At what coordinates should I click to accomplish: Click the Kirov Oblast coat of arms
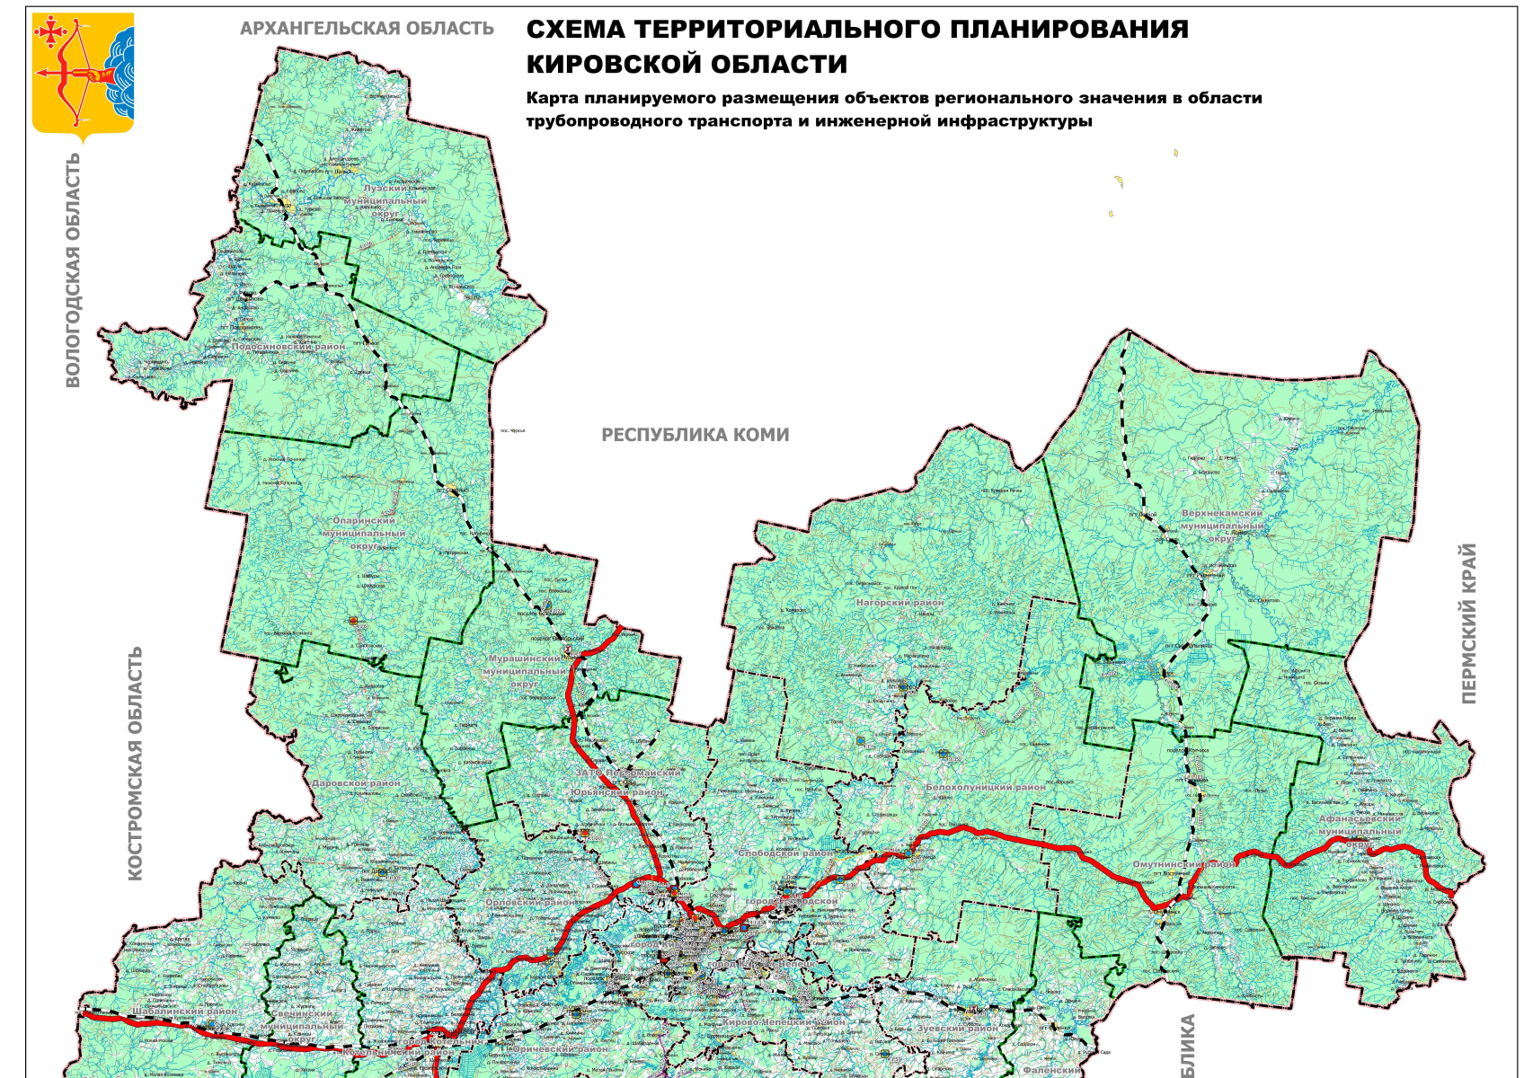click(84, 76)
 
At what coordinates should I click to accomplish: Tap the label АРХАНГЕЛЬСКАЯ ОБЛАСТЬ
click(367, 29)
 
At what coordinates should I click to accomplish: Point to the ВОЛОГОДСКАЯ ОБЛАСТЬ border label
click(73, 269)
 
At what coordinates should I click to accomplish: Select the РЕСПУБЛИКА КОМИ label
click(695, 436)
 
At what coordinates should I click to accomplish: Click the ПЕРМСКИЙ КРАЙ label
click(1468, 623)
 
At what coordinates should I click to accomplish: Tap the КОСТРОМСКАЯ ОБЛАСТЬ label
click(135, 763)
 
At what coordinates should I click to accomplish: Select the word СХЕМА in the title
click(575, 30)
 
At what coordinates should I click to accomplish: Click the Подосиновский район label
click(288, 347)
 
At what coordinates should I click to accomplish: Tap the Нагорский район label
click(899, 603)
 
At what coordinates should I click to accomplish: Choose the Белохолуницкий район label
click(986, 787)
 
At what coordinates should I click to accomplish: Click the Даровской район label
click(356, 783)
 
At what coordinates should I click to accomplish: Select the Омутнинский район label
click(1183, 864)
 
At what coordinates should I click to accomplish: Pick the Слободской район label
click(785, 853)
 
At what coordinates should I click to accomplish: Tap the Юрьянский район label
click(616, 792)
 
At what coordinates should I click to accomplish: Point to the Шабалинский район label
click(185, 1012)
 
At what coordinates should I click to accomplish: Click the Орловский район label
click(529, 902)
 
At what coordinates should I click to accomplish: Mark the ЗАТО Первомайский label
click(628, 773)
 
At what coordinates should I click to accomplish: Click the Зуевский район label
click(958, 1029)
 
